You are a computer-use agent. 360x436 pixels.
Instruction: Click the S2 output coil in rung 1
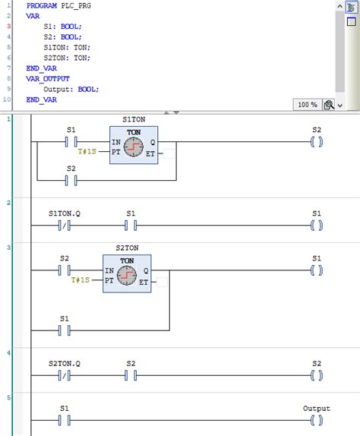point(317,141)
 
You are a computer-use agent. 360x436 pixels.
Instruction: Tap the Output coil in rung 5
point(317,419)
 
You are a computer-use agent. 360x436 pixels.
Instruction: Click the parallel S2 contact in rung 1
point(71,180)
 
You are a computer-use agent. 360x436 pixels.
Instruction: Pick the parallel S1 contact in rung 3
point(65,330)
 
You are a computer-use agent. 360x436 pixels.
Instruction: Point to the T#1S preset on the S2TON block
point(81,281)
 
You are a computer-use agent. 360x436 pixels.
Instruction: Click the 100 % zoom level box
point(307,104)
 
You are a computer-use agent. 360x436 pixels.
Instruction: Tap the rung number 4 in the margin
point(8,352)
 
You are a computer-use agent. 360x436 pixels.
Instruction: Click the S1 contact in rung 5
point(65,419)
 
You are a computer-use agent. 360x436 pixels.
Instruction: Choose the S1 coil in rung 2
point(317,225)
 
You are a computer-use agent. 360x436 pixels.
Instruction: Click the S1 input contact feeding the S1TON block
point(71,141)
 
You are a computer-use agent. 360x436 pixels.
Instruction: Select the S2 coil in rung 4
point(317,375)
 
